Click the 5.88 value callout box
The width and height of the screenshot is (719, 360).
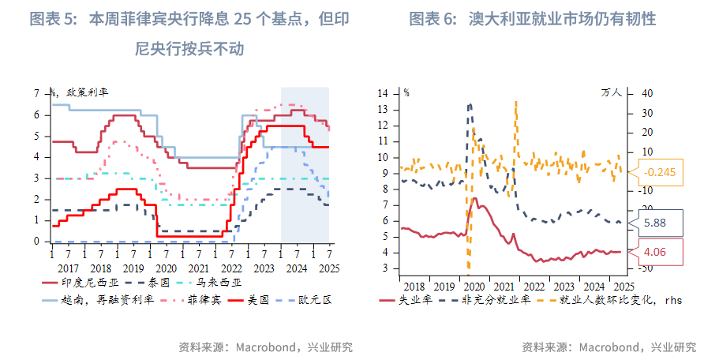655,223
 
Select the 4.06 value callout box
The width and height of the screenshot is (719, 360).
655,252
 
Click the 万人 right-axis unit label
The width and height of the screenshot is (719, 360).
612,92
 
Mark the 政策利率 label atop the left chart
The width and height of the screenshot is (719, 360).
87,92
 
